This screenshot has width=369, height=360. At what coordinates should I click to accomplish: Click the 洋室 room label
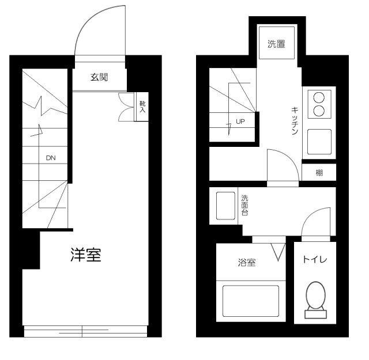point(86,255)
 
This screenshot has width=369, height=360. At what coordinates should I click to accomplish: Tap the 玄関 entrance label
point(99,77)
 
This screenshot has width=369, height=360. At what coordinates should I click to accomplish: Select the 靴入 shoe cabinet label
point(142,107)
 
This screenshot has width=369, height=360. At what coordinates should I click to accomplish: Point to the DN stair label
point(51,158)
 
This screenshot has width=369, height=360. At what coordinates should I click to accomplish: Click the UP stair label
point(240,122)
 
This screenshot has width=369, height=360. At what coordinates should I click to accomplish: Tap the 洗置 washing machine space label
point(277,44)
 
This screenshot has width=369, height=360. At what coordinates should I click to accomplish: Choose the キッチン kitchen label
point(295,120)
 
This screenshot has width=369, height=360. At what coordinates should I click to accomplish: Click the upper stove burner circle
point(319,97)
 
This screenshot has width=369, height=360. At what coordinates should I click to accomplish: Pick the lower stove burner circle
point(319,111)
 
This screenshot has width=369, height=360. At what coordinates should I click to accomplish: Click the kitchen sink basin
point(319,142)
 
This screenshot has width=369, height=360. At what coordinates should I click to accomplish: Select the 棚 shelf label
point(319,173)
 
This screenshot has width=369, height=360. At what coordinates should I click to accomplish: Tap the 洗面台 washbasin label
point(244,205)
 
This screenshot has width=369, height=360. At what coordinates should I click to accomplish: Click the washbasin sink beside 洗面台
point(225,206)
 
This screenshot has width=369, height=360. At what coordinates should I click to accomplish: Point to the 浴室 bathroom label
point(247,263)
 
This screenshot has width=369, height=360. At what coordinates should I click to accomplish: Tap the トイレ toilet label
point(315,260)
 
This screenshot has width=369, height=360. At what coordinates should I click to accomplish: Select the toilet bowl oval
point(316,295)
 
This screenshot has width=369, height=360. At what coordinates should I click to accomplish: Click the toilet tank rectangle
point(316,314)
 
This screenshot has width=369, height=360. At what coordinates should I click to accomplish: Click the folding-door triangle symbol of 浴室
point(278,252)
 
